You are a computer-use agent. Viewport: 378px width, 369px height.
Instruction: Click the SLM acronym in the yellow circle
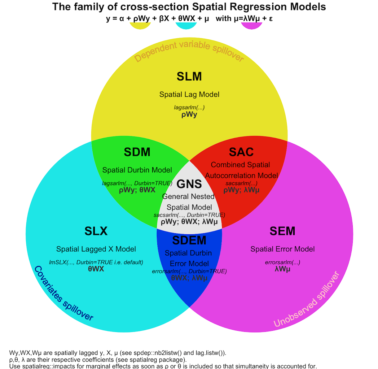(189, 77)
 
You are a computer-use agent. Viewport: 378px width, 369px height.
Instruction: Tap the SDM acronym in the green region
(137, 152)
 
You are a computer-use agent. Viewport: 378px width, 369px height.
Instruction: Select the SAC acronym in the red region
(241, 152)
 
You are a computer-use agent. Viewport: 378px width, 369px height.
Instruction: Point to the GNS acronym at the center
(189, 184)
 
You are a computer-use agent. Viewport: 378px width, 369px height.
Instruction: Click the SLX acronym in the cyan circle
(96, 231)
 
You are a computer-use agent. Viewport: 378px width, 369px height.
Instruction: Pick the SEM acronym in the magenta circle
(282, 231)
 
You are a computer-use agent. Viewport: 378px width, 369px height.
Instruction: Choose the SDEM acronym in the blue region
(189, 240)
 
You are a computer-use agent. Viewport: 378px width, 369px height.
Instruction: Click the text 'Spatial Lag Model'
(189, 94)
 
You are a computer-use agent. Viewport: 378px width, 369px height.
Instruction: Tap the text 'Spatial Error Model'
(282, 249)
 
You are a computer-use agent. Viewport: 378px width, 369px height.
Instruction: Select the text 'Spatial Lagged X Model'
(96, 249)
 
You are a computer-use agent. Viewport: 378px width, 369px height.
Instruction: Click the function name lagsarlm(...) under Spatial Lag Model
(189, 107)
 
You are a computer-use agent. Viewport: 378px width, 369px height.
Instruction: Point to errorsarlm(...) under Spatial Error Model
(282, 262)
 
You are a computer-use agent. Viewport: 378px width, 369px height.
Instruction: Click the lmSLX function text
(96, 262)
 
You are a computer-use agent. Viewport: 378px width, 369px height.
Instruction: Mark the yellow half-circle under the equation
(140, 26)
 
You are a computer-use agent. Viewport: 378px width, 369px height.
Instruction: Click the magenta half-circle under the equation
(252, 26)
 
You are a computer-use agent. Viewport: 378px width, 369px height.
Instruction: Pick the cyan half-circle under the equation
(186, 26)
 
